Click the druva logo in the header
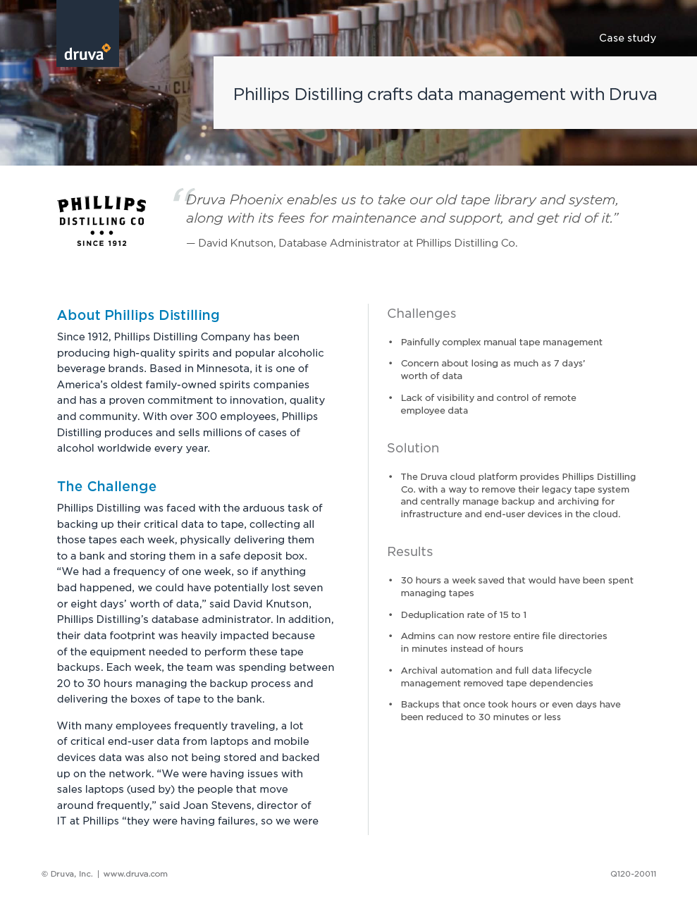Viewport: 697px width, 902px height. click(87, 52)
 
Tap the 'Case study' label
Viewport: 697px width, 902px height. click(627, 38)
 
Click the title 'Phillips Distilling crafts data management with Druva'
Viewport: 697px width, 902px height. click(445, 94)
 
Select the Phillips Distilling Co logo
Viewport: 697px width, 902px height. click(101, 221)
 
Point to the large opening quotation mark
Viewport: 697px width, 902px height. click(183, 196)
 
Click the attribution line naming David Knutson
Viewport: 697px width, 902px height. click(352, 243)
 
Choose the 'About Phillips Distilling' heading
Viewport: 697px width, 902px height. click(138, 315)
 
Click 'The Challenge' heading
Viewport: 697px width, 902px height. click(106, 486)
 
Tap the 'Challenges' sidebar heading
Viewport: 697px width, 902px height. click(421, 314)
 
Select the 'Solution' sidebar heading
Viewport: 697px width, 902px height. click(413, 448)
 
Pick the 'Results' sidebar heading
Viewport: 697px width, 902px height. click(409, 552)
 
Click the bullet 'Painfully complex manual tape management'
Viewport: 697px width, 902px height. click(501, 342)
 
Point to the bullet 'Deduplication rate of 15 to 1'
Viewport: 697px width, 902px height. click(463, 615)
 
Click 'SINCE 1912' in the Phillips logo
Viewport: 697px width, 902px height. click(101, 244)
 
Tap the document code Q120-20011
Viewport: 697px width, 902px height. click(633, 874)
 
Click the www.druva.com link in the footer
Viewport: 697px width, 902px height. click(135, 874)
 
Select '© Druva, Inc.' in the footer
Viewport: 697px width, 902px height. click(67, 874)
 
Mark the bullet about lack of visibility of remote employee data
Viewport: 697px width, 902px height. click(488, 404)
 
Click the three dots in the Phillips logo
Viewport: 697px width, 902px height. click(101, 233)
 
